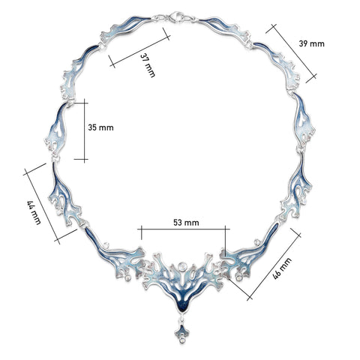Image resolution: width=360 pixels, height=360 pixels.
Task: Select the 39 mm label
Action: tap(311, 43)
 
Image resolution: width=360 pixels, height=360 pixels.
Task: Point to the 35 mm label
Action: tap(101, 128)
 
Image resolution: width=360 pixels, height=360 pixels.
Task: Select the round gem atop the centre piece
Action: tap(182, 265)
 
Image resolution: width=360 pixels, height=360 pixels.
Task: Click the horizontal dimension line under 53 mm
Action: tap(184, 229)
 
